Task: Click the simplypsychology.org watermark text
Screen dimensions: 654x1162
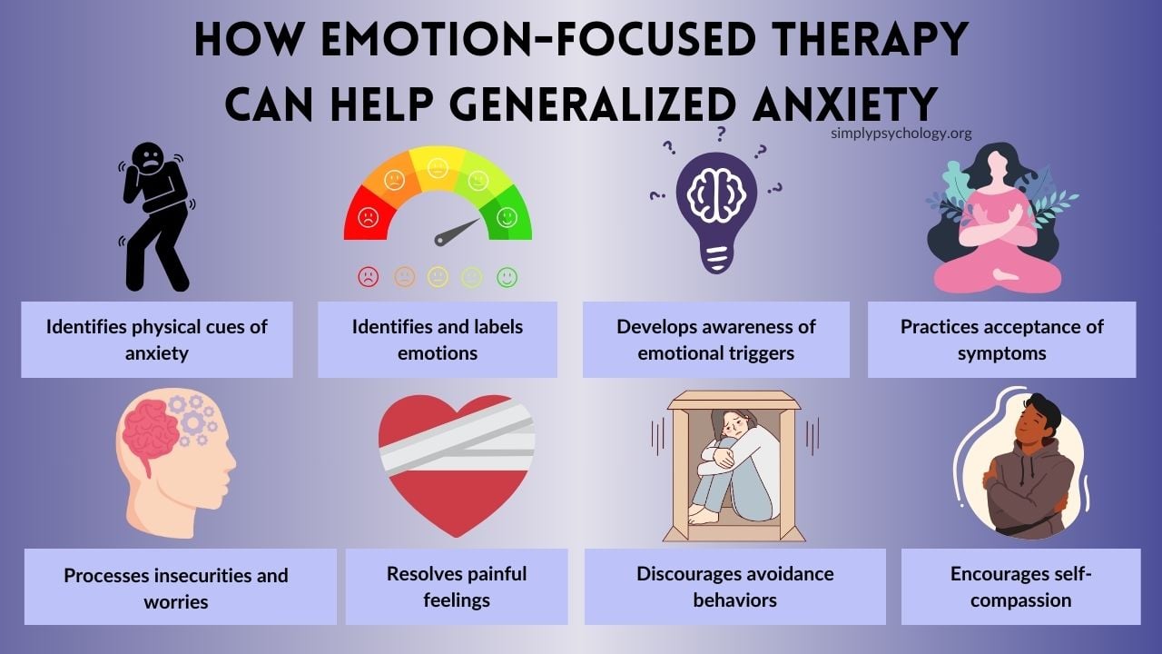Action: pos(901,134)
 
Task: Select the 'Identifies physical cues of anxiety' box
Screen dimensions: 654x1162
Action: pos(157,340)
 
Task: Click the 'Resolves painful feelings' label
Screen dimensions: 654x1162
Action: pos(457,587)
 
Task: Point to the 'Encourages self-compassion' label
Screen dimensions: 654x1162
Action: pos(1021,587)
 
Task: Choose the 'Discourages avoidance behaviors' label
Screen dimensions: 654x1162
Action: pos(734,587)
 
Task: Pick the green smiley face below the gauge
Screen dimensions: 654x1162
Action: pos(507,278)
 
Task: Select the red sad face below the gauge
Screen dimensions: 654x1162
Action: pos(368,278)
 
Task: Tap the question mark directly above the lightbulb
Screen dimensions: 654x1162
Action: pos(721,134)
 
